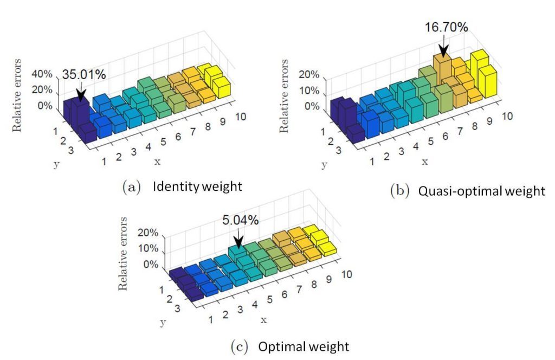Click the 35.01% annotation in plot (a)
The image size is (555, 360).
point(84,75)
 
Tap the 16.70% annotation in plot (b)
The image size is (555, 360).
point(446,27)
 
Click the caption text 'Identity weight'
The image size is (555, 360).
point(197,187)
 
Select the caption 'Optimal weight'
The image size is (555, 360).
point(304,346)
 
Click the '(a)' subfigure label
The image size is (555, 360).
point(132,188)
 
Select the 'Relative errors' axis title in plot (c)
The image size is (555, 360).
point(124,253)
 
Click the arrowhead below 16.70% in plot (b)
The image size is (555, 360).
point(444,52)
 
